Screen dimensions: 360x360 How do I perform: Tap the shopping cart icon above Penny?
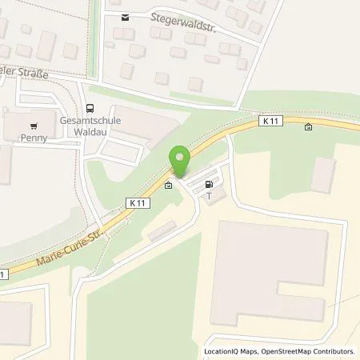[x=34, y=126]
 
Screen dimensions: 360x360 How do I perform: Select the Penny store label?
[x=34, y=137]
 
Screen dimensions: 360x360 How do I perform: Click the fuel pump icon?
[x=210, y=183]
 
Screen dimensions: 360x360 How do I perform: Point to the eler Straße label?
[x=27, y=73]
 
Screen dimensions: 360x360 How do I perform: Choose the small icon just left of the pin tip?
[x=168, y=186]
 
